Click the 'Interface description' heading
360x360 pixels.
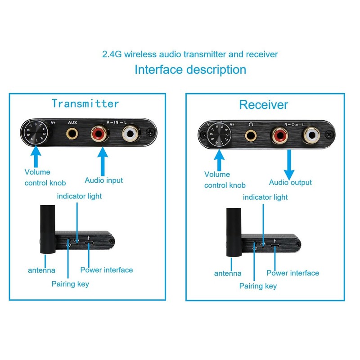pos(190,70)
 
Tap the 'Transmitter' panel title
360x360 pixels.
pos(85,103)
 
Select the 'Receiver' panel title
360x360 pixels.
pos(263,105)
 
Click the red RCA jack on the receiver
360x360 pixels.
pos(280,135)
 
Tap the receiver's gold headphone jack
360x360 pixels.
pos(251,134)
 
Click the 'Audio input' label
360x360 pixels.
pos(103,180)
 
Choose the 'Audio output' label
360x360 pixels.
pos(290,182)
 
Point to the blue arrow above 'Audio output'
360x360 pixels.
pos(289,164)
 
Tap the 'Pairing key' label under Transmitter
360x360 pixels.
pos(70,284)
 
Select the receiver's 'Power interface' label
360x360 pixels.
pos(292,273)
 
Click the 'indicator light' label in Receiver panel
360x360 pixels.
pos(265,197)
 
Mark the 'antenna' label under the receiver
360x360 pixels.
pos(228,273)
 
